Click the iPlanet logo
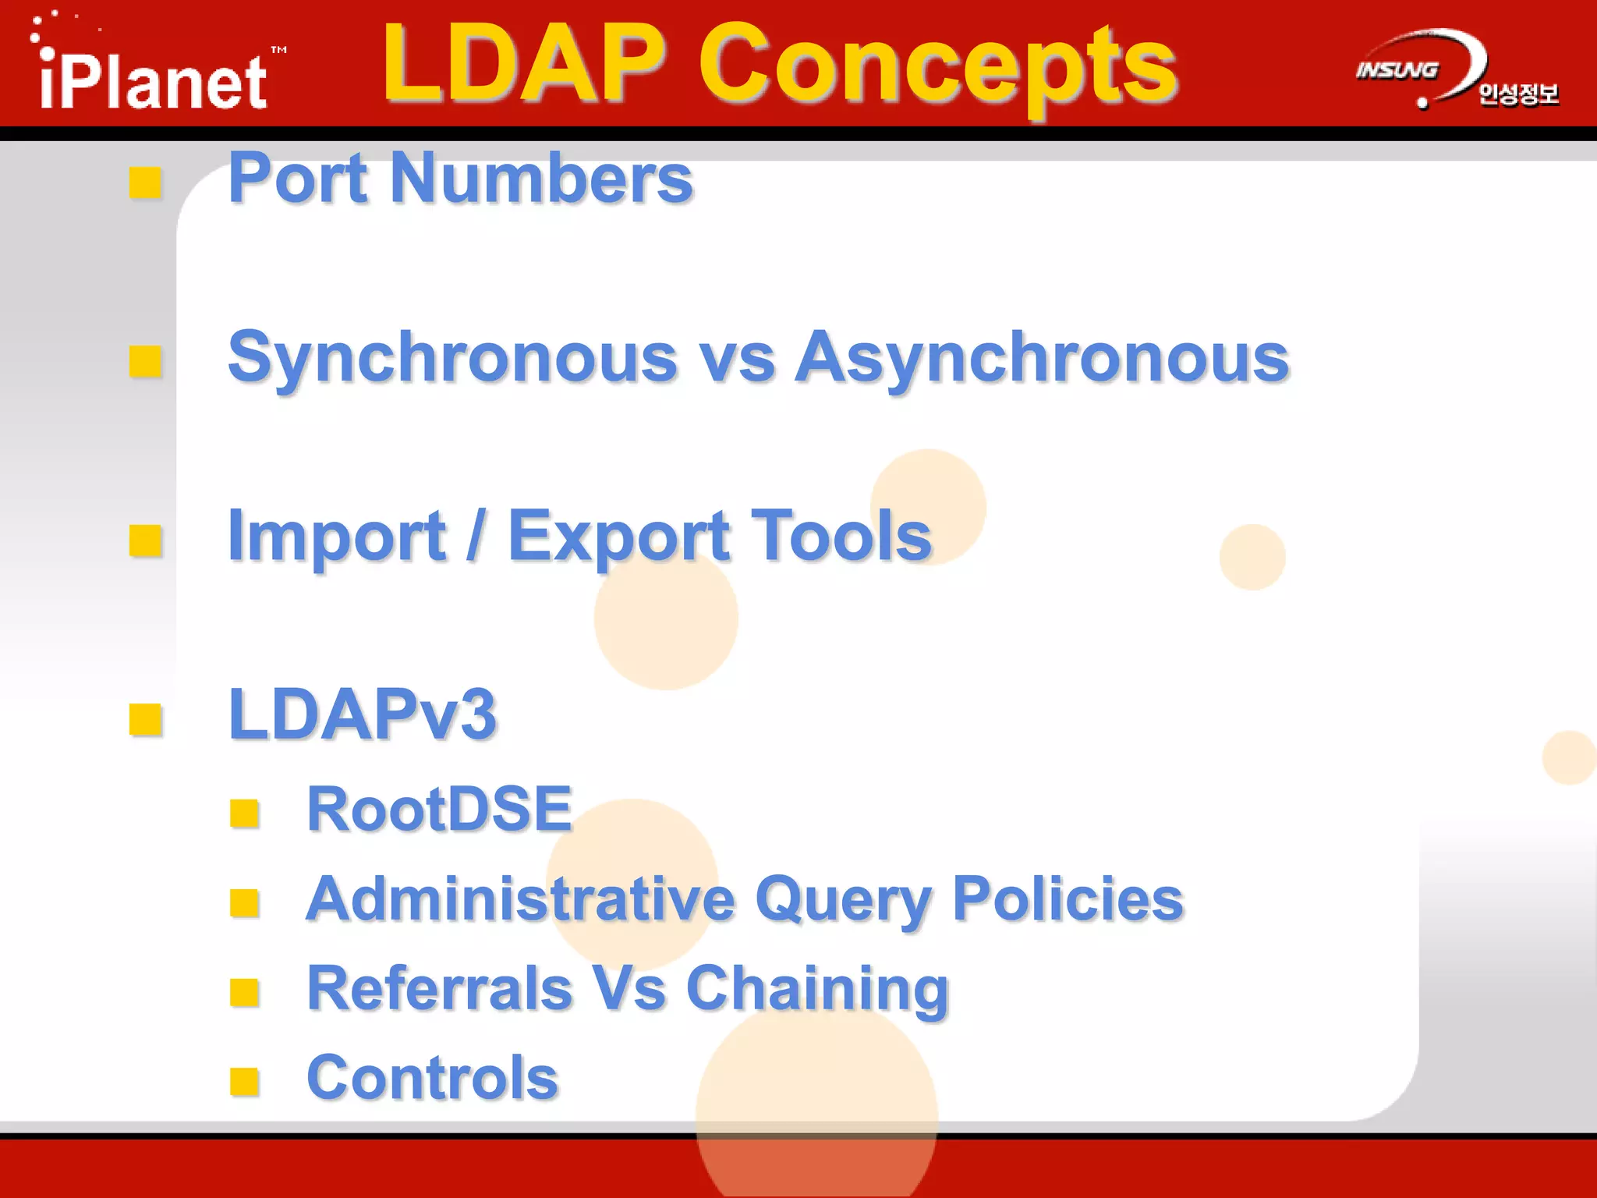point(154,78)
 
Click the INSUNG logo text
point(1397,70)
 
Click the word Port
point(298,179)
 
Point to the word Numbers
point(541,179)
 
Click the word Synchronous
point(453,359)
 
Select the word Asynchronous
point(1042,359)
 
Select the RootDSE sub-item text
point(440,809)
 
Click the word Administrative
point(521,898)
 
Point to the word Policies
point(1068,898)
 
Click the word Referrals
point(440,988)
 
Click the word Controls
point(433,1077)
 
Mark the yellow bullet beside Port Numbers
point(146,183)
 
